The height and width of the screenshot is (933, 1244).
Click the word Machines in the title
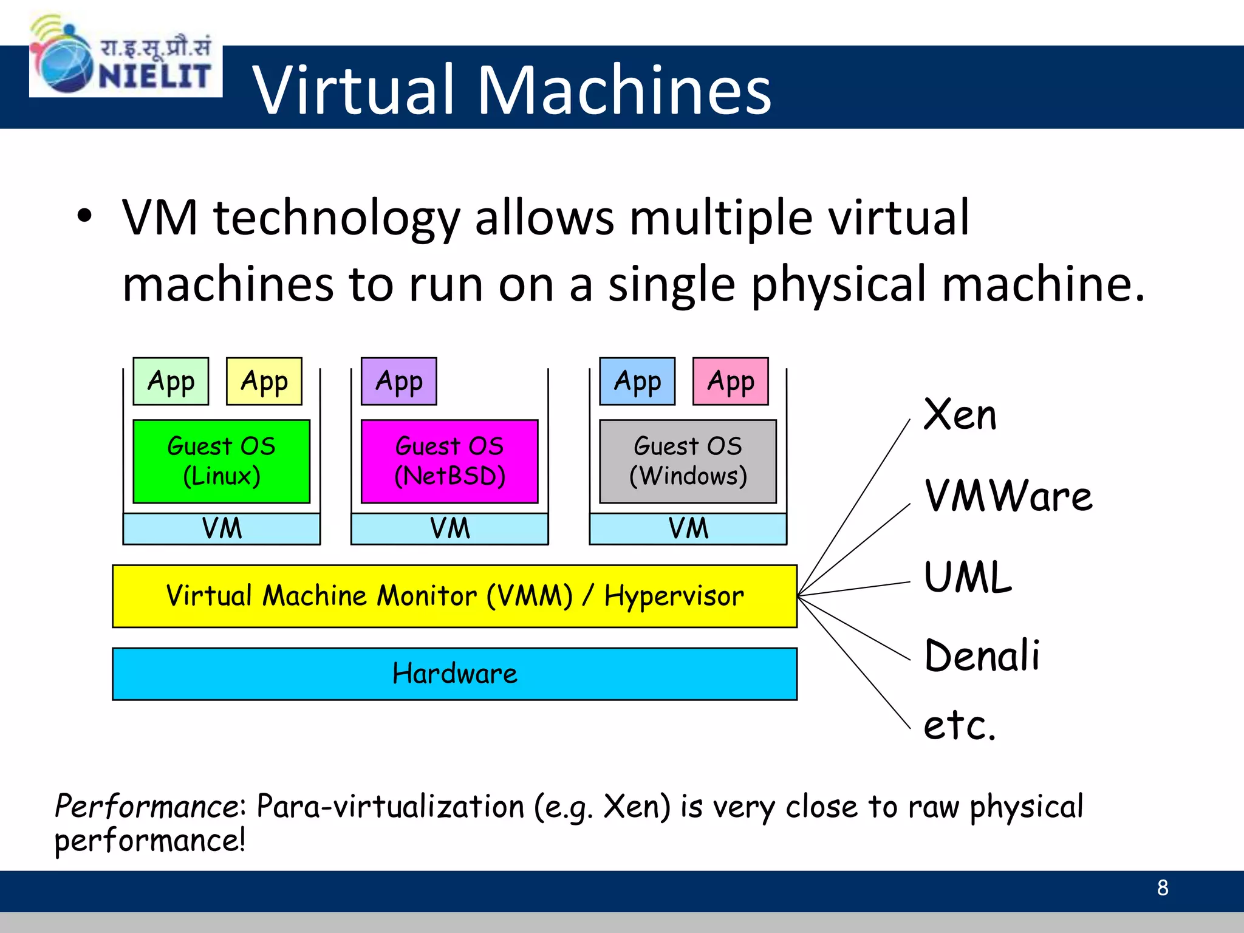[x=624, y=90]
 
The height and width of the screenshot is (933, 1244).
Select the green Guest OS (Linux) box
[x=221, y=461]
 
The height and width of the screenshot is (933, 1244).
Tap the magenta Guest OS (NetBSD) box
[x=449, y=461]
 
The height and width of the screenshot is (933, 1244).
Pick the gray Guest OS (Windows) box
[x=688, y=461]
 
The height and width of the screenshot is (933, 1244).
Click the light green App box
[x=171, y=381]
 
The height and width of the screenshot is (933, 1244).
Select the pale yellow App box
[x=264, y=381]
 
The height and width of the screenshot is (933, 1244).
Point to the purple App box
[x=399, y=381]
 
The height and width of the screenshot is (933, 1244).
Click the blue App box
[x=637, y=381]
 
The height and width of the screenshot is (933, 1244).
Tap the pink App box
[x=731, y=381]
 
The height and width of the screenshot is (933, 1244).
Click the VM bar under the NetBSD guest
[x=449, y=528]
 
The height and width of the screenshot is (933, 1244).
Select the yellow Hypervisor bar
[x=454, y=596]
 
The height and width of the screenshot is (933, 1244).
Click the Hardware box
[x=454, y=674]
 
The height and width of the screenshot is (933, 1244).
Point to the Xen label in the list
[x=960, y=415]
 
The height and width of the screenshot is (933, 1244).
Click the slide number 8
[x=1163, y=888]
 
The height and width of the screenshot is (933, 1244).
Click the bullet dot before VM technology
[x=84, y=216]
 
